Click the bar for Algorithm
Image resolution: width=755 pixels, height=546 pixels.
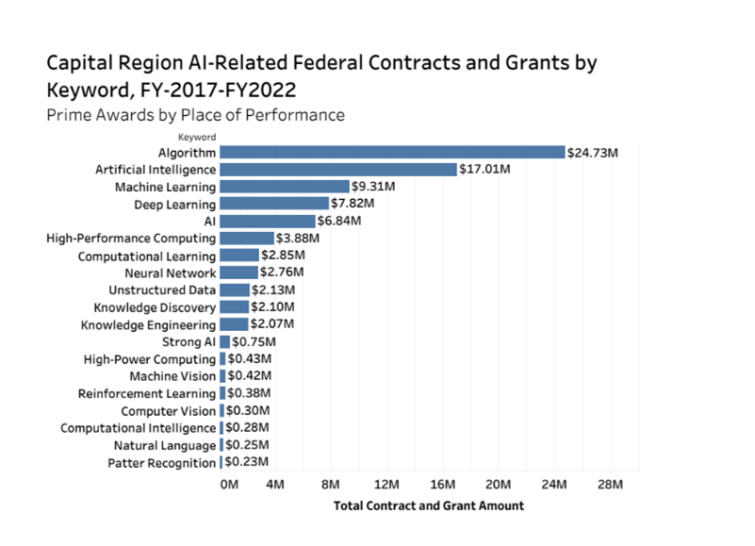[392, 152]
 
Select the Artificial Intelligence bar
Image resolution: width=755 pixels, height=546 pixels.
[338, 170]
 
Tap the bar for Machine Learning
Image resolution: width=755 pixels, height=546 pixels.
[285, 187]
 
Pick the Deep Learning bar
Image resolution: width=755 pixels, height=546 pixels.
[274, 204]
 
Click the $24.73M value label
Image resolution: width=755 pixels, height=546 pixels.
[593, 152]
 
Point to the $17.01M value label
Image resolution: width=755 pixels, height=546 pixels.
[485, 170]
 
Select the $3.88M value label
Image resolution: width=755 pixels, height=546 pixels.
[298, 239]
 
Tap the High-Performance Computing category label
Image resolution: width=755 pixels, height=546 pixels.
[131, 239]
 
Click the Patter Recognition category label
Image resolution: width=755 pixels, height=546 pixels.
[161, 463]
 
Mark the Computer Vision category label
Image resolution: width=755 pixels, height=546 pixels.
[169, 411]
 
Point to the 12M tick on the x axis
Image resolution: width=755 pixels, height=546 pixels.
[386, 485]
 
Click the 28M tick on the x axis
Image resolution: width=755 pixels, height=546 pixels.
[610, 485]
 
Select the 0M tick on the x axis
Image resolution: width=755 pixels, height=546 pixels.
[229, 485]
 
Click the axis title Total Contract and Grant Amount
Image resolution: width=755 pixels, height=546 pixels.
[429, 505]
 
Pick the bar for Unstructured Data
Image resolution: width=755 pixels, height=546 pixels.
[235, 290]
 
